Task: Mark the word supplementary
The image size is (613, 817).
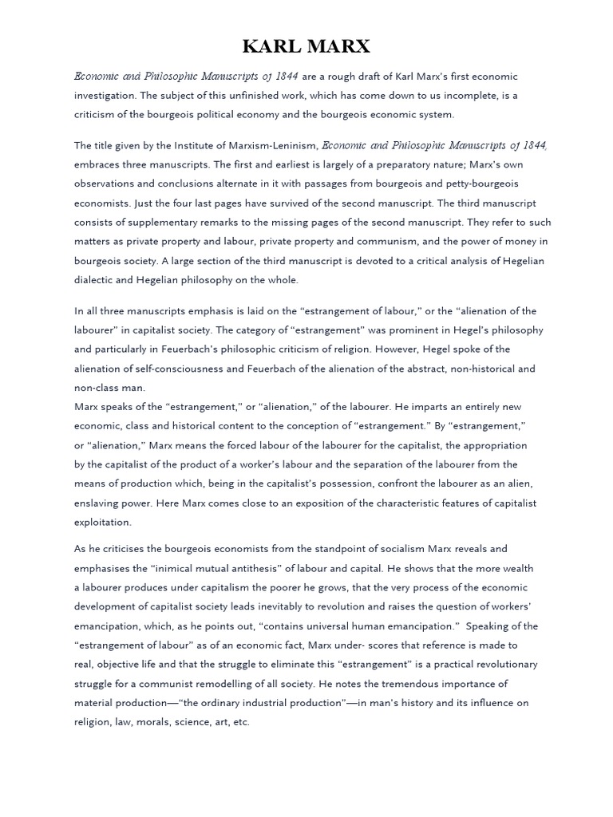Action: pyautogui.click(x=164, y=222)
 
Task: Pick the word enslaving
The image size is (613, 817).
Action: pyautogui.click(x=99, y=503)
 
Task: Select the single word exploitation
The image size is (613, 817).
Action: pyautogui.click(x=103, y=522)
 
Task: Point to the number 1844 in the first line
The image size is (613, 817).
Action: pyautogui.click(x=285, y=76)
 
